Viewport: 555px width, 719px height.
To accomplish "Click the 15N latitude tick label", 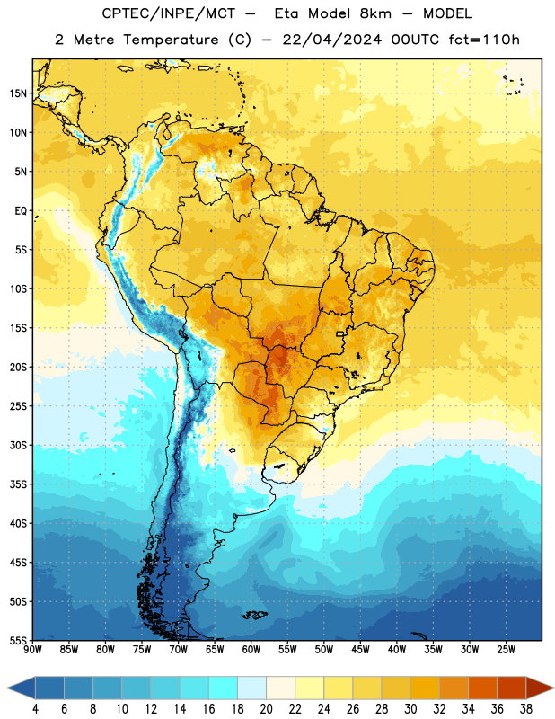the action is [x=18, y=93].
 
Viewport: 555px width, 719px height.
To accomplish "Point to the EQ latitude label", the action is [x=21, y=211].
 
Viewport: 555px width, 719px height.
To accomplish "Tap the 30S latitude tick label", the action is [x=18, y=445].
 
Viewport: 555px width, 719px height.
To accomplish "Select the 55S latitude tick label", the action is [x=18, y=640].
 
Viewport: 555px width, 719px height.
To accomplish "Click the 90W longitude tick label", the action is [x=32, y=649].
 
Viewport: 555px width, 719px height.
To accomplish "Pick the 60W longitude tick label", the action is [x=251, y=649].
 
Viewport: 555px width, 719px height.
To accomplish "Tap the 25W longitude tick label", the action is [x=506, y=649].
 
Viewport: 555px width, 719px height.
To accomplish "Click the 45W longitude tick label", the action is [x=360, y=649].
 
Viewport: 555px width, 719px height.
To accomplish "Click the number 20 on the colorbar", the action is [x=266, y=709].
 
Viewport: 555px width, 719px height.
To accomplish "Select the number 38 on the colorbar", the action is [x=526, y=709].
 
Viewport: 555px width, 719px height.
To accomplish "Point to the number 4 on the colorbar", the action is [x=35, y=709].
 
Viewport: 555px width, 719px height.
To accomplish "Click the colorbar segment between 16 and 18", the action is [x=224, y=688].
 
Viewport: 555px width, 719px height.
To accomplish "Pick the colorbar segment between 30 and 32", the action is [x=425, y=688].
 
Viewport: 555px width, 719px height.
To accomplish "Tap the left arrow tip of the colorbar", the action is [x=7, y=688].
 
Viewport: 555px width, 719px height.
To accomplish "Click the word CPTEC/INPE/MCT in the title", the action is [x=169, y=13].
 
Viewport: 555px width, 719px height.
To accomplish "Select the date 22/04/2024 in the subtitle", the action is [x=332, y=40].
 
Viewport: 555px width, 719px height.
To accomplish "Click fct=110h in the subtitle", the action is [x=484, y=40].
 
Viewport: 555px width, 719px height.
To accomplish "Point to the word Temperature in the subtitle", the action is [x=171, y=40].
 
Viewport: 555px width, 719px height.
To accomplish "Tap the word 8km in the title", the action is [x=375, y=13].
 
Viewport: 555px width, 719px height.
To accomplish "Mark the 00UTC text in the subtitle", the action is [x=415, y=40].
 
